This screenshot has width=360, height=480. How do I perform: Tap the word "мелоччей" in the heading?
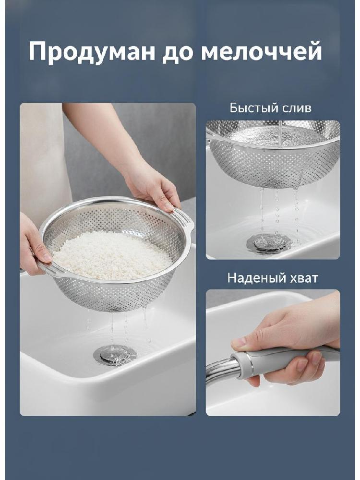coord(261,51)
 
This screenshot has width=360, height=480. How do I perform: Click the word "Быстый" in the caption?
coord(250,108)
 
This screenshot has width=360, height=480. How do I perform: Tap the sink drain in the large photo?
coord(115,355)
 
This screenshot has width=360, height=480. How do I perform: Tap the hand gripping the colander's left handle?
coord(33,245)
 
